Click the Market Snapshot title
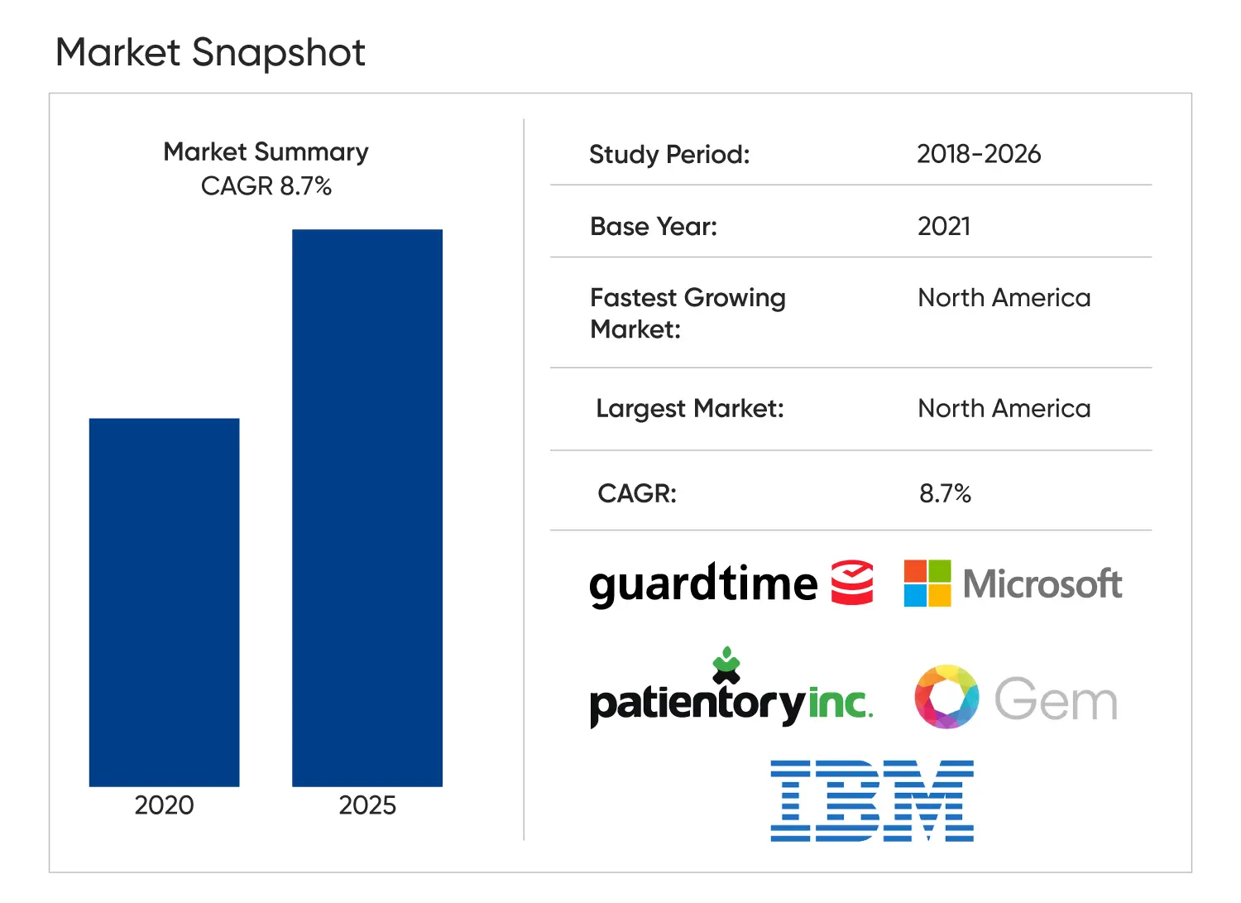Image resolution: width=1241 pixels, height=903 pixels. (210, 53)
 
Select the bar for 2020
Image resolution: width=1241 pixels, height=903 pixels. (164, 602)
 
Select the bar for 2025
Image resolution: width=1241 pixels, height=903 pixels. (367, 507)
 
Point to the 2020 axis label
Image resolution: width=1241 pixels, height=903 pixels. (164, 805)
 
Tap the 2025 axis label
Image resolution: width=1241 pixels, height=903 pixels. (367, 805)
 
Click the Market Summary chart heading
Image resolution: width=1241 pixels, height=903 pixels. (266, 152)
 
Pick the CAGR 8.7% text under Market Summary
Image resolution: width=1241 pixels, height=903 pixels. (266, 186)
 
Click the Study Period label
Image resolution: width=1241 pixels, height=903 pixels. (669, 155)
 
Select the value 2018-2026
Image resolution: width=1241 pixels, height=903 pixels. (979, 154)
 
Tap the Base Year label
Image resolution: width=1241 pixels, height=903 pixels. (654, 227)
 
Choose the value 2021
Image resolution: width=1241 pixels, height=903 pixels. (944, 227)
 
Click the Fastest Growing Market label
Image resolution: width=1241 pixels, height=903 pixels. (688, 313)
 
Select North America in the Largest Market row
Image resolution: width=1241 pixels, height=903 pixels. (1004, 409)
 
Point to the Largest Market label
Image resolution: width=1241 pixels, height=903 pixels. (689, 409)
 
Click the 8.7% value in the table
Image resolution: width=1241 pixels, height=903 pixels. (945, 494)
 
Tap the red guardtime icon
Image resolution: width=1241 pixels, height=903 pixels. (852, 583)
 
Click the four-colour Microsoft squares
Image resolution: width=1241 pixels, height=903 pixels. (927, 584)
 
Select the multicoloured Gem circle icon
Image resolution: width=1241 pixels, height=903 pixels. (946, 697)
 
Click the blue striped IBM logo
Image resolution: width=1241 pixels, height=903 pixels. (872, 800)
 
